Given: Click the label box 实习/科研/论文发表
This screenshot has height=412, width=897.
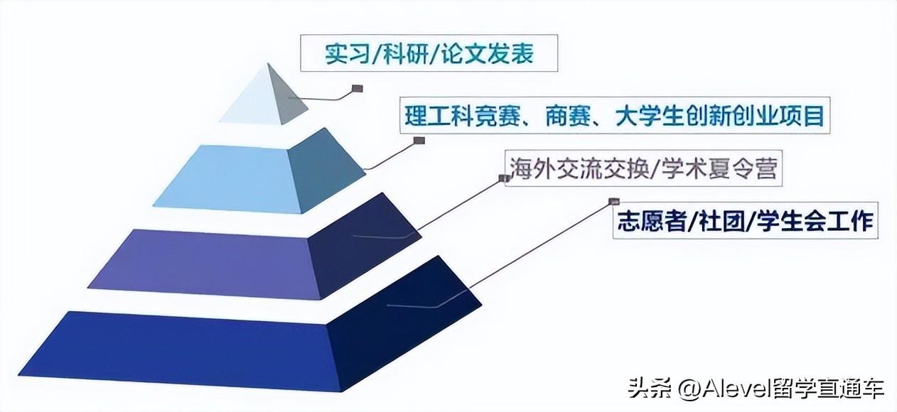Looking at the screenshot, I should pyautogui.click(x=429, y=55).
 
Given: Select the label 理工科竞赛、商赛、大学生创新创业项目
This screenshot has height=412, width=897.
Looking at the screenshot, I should pyautogui.click(x=615, y=116).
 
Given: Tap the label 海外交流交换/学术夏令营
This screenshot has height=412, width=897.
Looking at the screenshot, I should pyautogui.click(x=643, y=169).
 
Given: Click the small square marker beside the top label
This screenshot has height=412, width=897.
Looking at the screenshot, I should pyautogui.click(x=358, y=90).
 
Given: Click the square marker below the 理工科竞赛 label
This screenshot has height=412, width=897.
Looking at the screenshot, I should pyautogui.click(x=419, y=141).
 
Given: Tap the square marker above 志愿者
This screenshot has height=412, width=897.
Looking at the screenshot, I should pyautogui.click(x=613, y=202).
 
